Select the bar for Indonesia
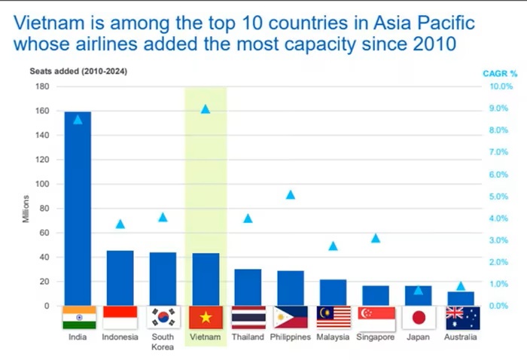[x=120, y=278]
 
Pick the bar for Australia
[x=461, y=298]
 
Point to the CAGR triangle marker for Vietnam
[x=206, y=109]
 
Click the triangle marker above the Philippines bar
[x=291, y=195]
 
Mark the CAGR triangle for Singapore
[x=376, y=238]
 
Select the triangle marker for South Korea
[x=163, y=218]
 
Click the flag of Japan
[x=419, y=318]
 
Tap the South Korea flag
[x=163, y=318]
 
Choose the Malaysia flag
[x=333, y=318]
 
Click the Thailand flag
[x=248, y=318]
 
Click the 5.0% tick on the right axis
[x=499, y=197]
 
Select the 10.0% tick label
[x=499, y=87]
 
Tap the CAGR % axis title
[x=500, y=73]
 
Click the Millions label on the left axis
[x=25, y=209]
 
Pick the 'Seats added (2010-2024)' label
[x=78, y=72]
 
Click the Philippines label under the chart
[x=291, y=337]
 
